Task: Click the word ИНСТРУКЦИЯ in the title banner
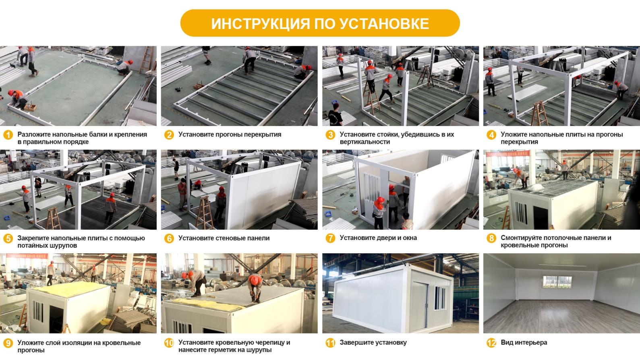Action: (261, 23)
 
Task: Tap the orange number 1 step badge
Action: (8, 135)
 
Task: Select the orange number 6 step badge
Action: (169, 238)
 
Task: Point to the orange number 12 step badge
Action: (491, 343)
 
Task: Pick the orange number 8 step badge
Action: (491, 238)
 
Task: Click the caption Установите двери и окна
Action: (378, 238)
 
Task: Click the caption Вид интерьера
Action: (524, 343)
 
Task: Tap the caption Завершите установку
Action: (373, 343)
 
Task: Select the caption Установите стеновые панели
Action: (224, 238)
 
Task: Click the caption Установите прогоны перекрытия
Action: (230, 134)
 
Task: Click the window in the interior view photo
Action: (557, 282)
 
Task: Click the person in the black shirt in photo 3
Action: (335, 115)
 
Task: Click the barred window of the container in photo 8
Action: (521, 213)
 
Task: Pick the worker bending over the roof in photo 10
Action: (255, 288)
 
